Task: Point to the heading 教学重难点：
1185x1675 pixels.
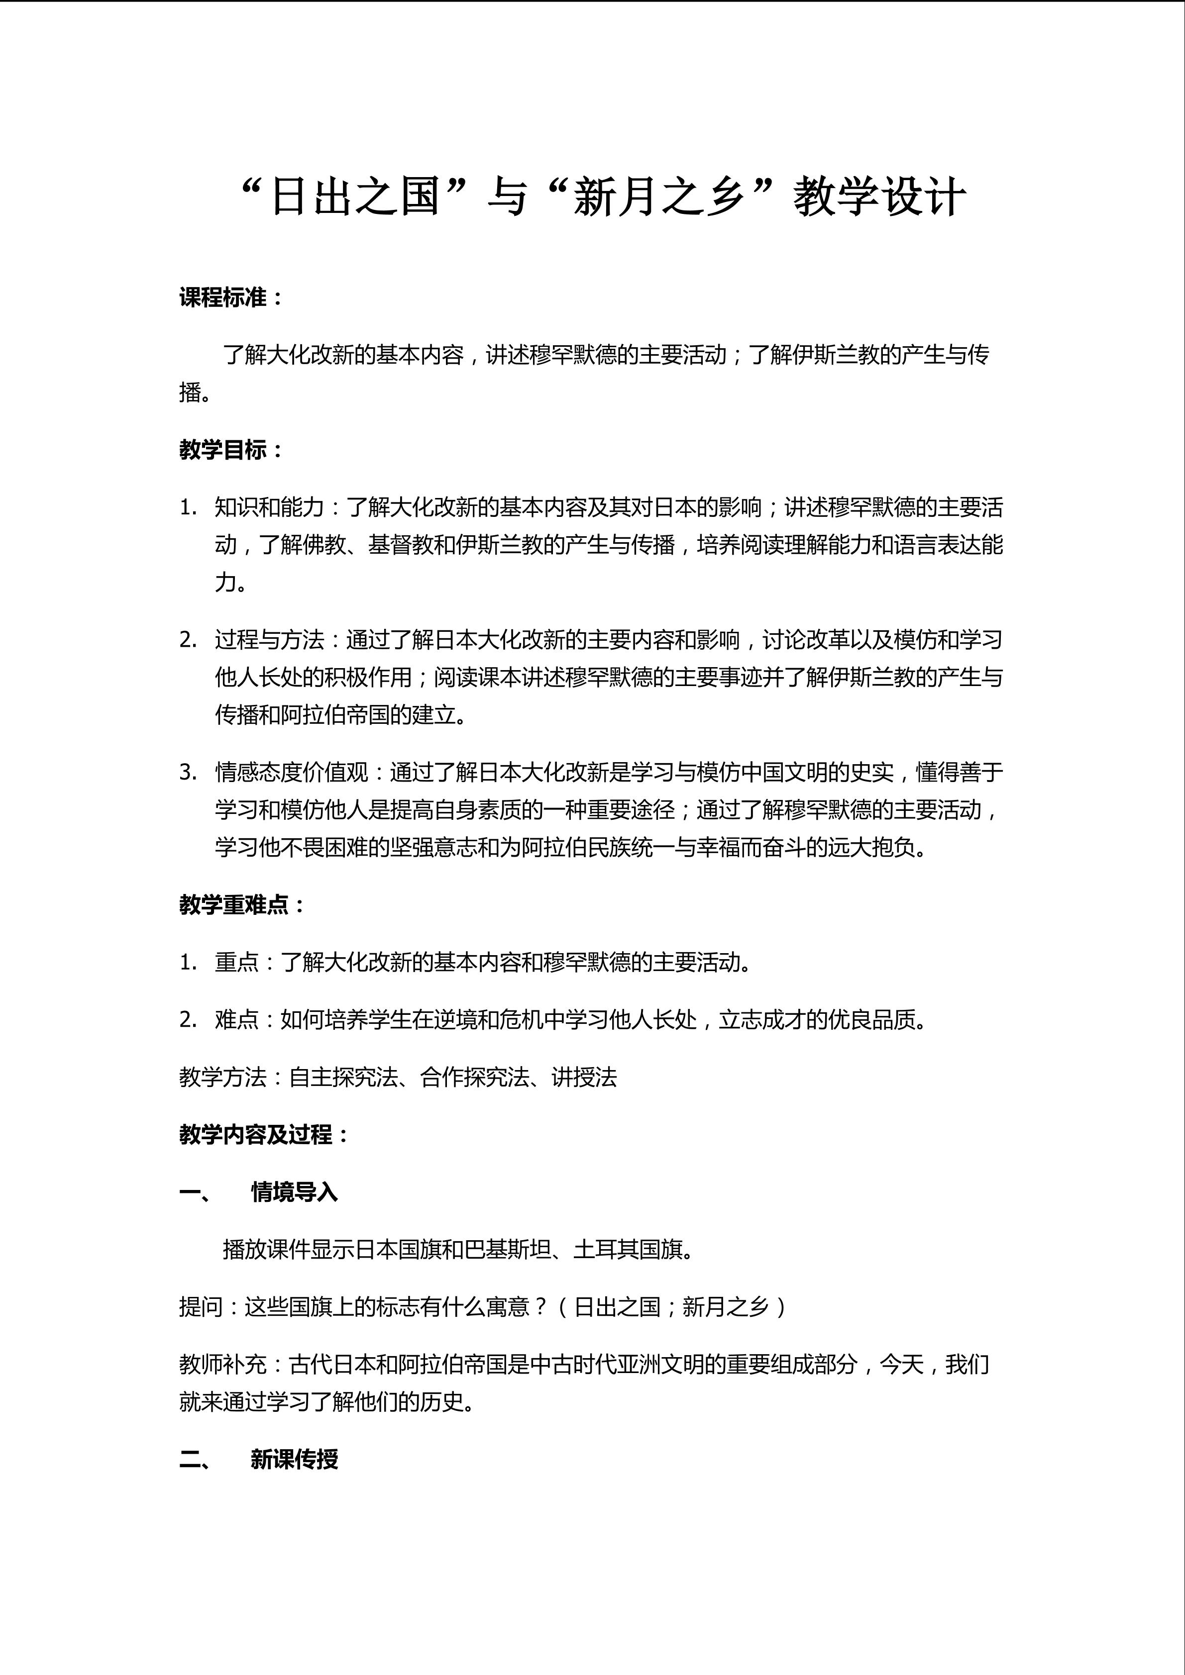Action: point(241,905)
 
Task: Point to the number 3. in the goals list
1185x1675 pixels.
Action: point(188,772)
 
